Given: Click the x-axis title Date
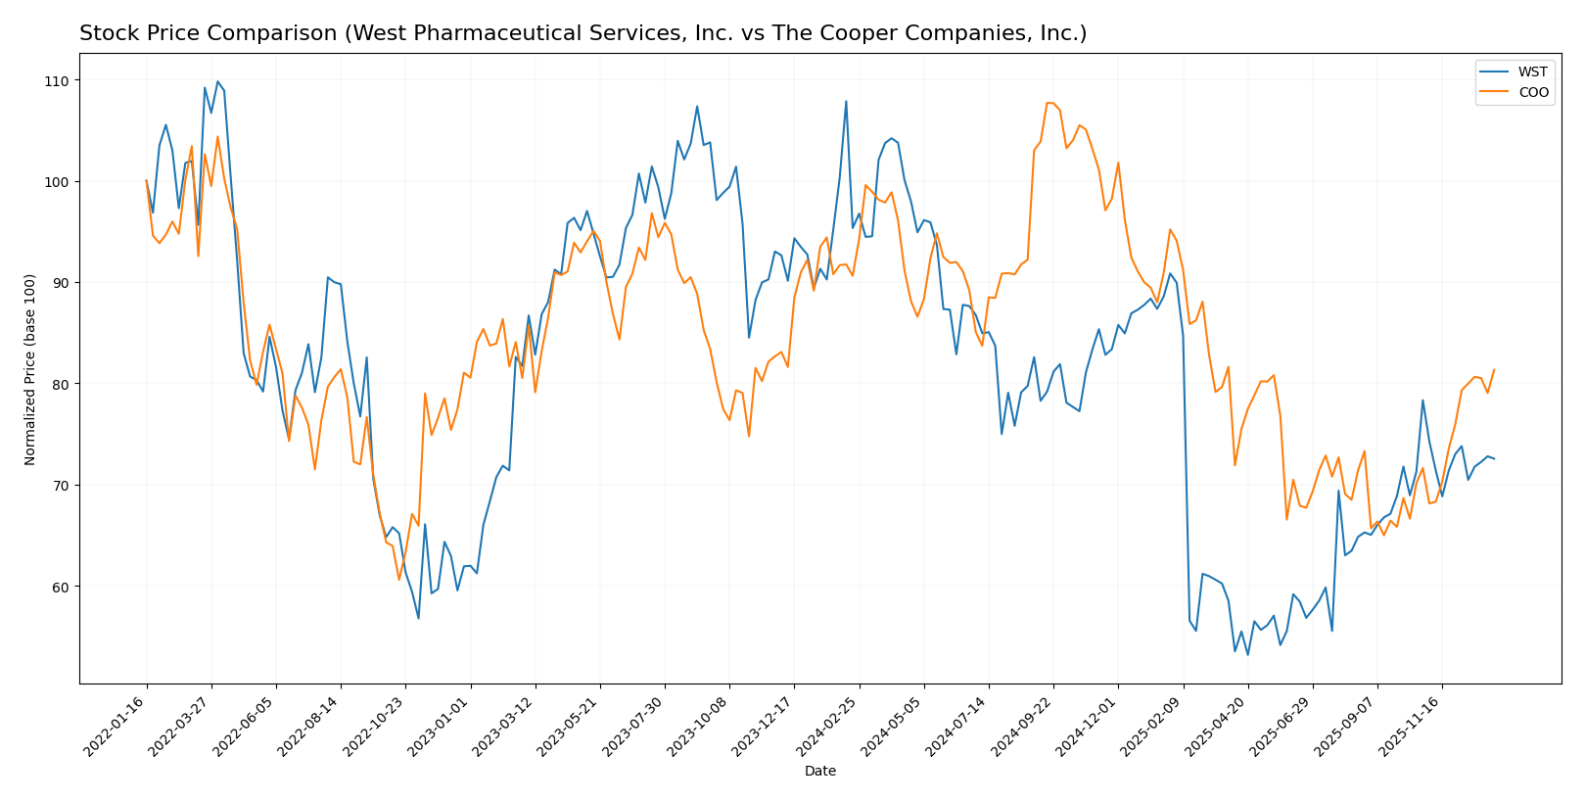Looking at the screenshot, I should point(819,772).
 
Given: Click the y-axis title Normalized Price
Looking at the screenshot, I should point(30,369).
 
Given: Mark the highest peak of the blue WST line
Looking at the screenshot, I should point(217,81).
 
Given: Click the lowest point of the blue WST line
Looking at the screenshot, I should point(1247,655).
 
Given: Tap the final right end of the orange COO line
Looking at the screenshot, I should point(1494,370).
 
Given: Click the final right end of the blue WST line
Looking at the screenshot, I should point(1494,458).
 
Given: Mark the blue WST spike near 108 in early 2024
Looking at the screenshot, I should point(846,101).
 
